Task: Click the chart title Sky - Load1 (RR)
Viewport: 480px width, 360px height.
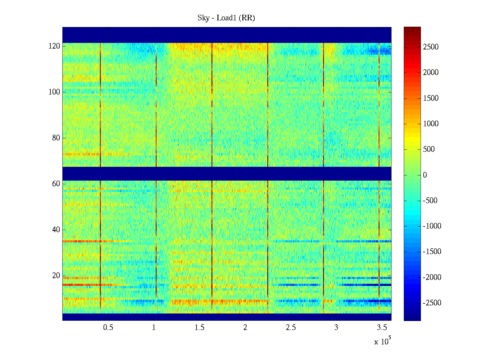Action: [x=226, y=18]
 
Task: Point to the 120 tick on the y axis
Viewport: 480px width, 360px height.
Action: [x=54, y=46]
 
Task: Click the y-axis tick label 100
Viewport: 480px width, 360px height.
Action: [x=54, y=92]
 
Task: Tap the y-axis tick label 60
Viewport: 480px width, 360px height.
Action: [x=56, y=184]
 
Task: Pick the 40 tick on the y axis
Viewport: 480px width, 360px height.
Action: [x=56, y=230]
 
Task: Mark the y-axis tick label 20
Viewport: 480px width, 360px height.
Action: [x=56, y=276]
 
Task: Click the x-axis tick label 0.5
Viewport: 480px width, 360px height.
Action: [x=108, y=328]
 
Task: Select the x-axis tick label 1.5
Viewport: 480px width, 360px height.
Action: [x=199, y=328]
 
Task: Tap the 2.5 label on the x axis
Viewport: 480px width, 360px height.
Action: [x=291, y=328]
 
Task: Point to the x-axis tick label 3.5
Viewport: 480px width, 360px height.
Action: [x=382, y=328]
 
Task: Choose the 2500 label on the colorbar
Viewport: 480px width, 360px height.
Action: [x=431, y=47]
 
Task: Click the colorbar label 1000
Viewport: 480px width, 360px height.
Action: [x=431, y=124]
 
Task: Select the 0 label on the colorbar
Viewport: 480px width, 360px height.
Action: [x=425, y=175]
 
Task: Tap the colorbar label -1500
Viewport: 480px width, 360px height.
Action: [x=432, y=252]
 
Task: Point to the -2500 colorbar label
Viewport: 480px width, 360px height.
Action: [x=432, y=303]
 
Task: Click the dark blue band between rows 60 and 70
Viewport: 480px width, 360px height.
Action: [x=227, y=174]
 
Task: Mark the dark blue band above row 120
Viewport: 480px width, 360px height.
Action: [x=227, y=35]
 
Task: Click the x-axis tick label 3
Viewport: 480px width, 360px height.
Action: [x=336, y=328]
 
